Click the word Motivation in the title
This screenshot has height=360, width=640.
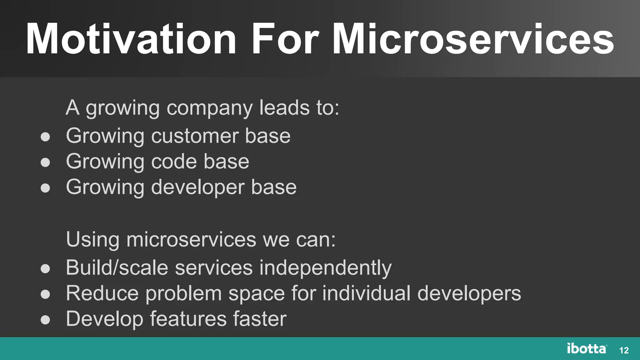click(x=131, y=40)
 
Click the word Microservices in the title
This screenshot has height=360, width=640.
click(x=473, y=40)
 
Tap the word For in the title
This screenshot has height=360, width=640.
click(x=285, y=40)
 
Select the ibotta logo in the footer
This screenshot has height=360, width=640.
click(x=587, y=348)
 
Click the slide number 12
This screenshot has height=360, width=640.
click(x=624, y=350)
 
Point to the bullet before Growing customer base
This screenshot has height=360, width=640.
click(x=45, y=137)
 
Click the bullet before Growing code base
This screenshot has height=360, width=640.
click(x=45, y=162)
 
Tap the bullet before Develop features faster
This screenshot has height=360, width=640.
click(x=45, y=320)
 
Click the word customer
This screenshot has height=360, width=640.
click(x=195, y=136)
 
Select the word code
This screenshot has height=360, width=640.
click(x=174, y=162)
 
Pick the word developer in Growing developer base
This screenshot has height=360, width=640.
click(x=198, y=187)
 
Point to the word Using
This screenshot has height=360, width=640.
click(x=92, y=240)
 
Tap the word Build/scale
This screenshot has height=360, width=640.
click(x=117, y=268)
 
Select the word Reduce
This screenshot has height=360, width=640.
click(x=102, y=293)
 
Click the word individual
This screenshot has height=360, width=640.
click(x=366, y=293)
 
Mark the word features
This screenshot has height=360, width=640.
click(x=188, y=319)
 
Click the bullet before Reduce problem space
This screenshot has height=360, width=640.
click(x=45, y=294)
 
